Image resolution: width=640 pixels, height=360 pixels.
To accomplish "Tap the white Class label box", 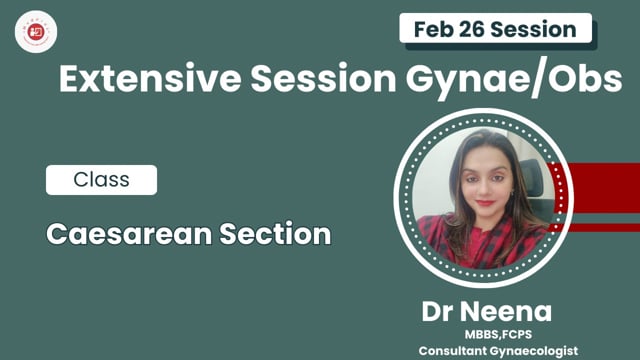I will pos(101,180).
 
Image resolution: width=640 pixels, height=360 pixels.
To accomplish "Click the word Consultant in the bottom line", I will pos(462,349).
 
